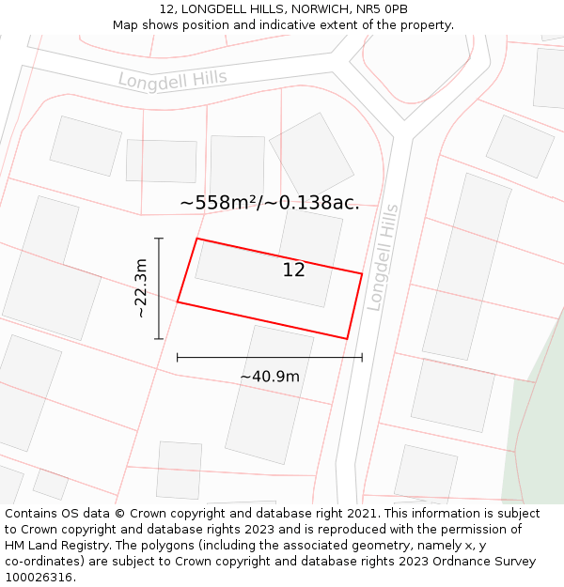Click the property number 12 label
[293, 270]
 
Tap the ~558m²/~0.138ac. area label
[269, 202]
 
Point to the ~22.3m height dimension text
[141, 287]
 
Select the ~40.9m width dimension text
[270, 377]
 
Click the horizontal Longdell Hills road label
[173, 79]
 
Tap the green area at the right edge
[536, 423]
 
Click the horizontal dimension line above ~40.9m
[270, 357]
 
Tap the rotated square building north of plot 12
[311, 154]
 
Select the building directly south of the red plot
[270, 393]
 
